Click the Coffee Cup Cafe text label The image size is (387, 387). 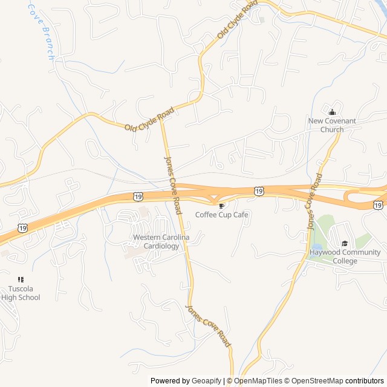click(221, 215)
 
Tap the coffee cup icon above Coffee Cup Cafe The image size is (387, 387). click(221, 206)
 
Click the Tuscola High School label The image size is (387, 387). click(21, 293)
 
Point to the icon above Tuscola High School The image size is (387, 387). click(21, 279)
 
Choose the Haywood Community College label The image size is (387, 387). click(345, 256)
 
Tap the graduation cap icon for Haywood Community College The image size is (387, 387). click(345, 243)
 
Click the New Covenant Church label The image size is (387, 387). click(332, 125)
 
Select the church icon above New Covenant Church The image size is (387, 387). click(332, 112)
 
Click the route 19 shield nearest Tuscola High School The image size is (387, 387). click(22, 227)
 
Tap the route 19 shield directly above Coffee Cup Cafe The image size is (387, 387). click(259, 191)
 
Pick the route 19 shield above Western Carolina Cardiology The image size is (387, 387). click(138, 197)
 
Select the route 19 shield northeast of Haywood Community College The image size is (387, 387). click(377, 206)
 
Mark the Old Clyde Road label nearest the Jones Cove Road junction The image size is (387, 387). click(149, 119)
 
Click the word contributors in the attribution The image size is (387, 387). click(365, 381)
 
